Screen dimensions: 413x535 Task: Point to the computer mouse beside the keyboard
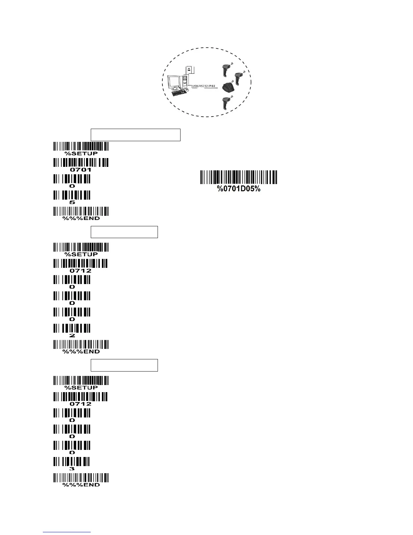point(187,90)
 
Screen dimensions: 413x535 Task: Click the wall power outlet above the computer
point(189,68)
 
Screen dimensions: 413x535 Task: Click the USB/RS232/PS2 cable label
point(203,86)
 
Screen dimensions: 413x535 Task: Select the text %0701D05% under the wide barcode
point(239,189)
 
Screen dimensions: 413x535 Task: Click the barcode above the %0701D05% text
point(239,177)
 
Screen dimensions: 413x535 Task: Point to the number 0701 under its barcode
point(80,170)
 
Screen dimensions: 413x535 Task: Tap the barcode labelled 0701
point(81,162)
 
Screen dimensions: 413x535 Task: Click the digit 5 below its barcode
point(72,202)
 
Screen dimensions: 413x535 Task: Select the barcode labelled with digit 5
point(72,195)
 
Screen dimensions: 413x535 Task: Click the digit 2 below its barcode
point(72,336)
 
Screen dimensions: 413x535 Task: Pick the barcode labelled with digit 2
point(72,328)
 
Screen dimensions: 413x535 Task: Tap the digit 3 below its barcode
point(72,469)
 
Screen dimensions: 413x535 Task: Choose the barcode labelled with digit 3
point(72,461)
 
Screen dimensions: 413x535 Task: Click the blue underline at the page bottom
point(67,532)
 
